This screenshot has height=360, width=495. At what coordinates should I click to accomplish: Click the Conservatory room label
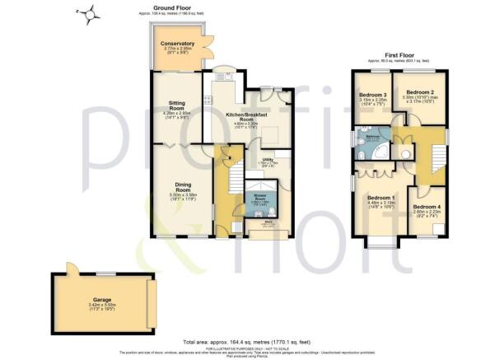point(178,43)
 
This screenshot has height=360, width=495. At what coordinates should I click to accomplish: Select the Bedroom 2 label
point(420,92)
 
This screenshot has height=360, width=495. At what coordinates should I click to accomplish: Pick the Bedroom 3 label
point(373,96)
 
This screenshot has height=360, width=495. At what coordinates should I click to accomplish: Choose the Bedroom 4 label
point(427,206)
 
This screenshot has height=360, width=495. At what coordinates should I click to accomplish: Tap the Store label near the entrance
point(267,221)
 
